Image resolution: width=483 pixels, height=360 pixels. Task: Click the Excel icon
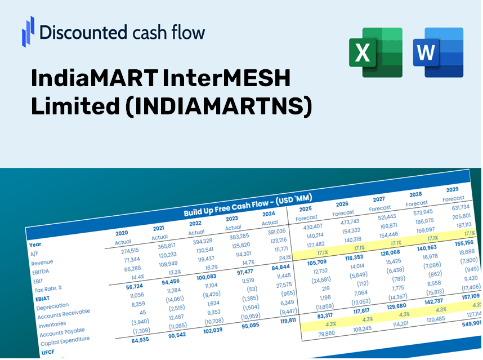pyautogui.click(x=375, y=52)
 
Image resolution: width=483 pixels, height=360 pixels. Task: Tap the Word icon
pyautogui.click(x=437, y=52)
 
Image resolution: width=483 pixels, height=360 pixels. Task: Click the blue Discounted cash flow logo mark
pyautogui.click(x=28, y=32)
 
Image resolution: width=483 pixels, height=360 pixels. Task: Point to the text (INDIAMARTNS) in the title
pyautogui.click(x=217, y=106)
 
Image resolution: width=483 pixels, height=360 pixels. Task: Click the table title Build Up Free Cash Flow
pyautogui.click(x=248, y=205)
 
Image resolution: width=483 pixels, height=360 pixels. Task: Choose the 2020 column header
pyautogui.click(x=122, y=233)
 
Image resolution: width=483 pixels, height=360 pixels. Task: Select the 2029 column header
pyautogui.click(x=452, y=189)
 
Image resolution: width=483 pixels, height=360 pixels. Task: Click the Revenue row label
pyautogui.click(x=42, y=263)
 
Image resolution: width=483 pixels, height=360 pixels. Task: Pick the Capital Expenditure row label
pyautogui.click(x=65, y=340)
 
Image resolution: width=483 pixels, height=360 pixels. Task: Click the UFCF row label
pyautogui.click(x=48, y=352)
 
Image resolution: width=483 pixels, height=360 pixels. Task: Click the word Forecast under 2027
pyautogui.click(x=380, y=208)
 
